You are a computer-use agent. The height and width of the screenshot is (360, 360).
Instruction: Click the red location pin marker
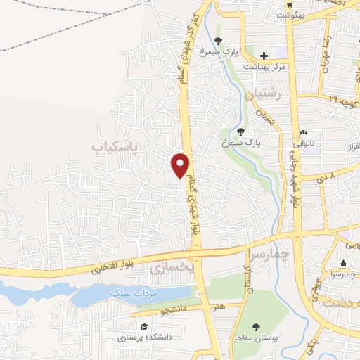[x=181, y=165]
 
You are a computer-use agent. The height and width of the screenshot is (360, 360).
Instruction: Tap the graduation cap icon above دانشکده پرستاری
[x=143, y=327]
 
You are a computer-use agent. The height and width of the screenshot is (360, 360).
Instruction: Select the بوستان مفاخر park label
[x=258, y=339]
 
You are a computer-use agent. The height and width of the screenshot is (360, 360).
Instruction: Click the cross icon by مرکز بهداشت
[x=264, y=56]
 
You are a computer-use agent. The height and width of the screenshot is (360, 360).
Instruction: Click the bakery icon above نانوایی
[x=304, y=131]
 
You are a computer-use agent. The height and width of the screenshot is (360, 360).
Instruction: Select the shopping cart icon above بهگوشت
[x=288, y=4]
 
